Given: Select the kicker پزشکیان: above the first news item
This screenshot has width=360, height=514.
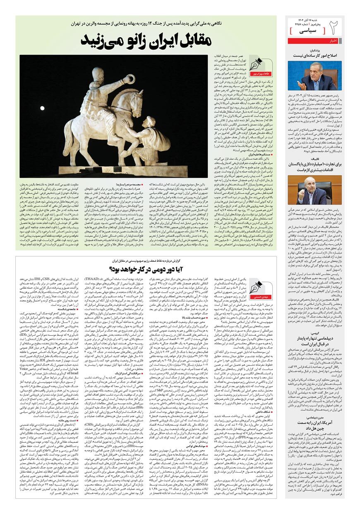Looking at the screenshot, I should click(x=334, y=49).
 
